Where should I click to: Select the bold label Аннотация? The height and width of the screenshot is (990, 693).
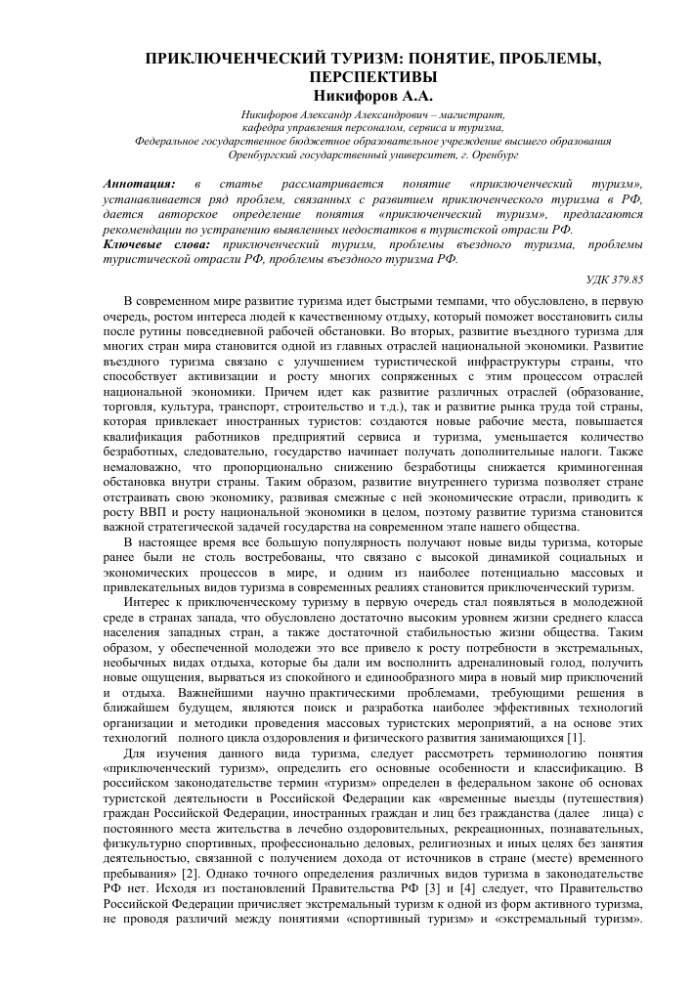pos(139,183)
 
